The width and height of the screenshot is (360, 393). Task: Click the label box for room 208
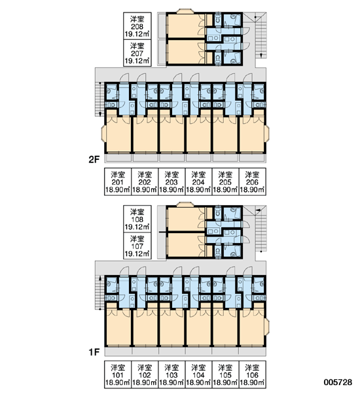pyautogui.click(x=137, y=26)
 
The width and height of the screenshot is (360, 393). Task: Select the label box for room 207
pyautogui.click(x=137, y=53)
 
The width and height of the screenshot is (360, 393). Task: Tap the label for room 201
pyautogui.click(x=118, y=181)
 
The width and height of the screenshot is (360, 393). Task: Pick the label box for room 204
pyautogui.click(x=198, y=181)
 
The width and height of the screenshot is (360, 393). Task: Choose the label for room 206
pyautogui.click(x=252, y=181)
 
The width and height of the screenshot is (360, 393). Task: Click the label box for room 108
pyautogui.click(x=137, y=219)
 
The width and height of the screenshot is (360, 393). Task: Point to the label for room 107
pyautogui.click(x=137, y=246)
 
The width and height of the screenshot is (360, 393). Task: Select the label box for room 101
pyautogui.click(x=118, y=375)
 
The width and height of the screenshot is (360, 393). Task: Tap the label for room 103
pyautogui.click(x=171, y=375)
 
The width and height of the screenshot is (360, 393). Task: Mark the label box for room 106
pyautogui.click(x=252, y=375)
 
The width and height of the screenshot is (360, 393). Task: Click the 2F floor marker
pyautogui.click(x=94, y=159)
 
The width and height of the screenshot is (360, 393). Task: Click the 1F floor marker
pyautogui.click(x=94, y=352)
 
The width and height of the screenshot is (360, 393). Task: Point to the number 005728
pyautogui.click(x=338, y=382)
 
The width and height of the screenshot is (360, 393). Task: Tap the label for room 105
pyautogui.click(x=225, y=375)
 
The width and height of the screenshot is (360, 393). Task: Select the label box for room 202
pyautogui.click(x=145, y=181)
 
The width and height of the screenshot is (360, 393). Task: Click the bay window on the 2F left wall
pyautogui.click(x=103, y=134)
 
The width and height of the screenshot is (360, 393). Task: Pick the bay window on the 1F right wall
pyautogui.click(x=267, y=327)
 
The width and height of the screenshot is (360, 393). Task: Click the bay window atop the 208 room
pyautogui.click(x=185, y=11)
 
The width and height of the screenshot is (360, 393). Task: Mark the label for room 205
pyautogui.click(x=225, y=181)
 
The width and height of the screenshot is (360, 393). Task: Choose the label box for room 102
pyautogui.click(x=145, y=375)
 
